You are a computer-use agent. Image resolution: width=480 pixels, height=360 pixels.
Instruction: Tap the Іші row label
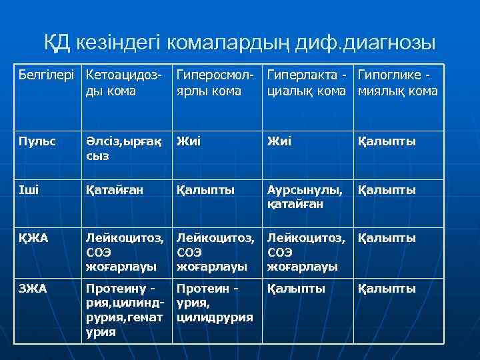click(30, 190)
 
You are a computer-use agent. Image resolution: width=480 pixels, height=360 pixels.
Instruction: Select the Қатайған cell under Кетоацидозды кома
click(114, 190)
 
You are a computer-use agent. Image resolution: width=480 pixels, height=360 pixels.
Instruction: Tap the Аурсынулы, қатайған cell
click(304, 197)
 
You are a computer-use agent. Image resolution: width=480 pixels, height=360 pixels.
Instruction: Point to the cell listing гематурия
click(124, 310)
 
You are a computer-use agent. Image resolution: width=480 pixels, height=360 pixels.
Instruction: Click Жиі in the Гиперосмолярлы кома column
click(189, 141)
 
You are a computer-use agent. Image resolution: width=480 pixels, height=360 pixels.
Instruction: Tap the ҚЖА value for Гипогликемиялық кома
click(387, 238)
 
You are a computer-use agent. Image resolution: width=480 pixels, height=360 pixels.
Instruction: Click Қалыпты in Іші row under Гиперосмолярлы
click(205, 190)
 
